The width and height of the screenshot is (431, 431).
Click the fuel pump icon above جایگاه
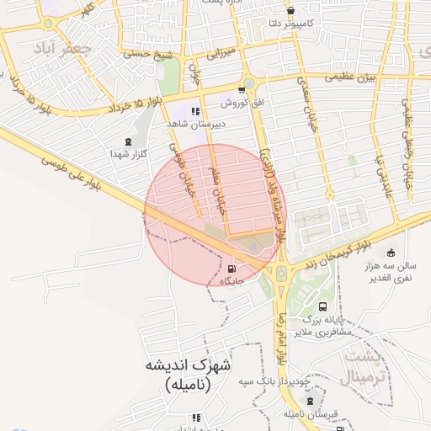(x=231, y=269)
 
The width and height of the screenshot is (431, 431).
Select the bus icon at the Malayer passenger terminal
(x=324, y=308)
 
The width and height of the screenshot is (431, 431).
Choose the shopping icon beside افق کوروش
(x=242, y=90)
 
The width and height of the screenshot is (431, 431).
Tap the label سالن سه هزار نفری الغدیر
(x=390, y=272)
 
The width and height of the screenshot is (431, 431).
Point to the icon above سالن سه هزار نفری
(x=390, y=253)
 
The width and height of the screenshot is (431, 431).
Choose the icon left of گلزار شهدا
(x=128, y=141)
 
